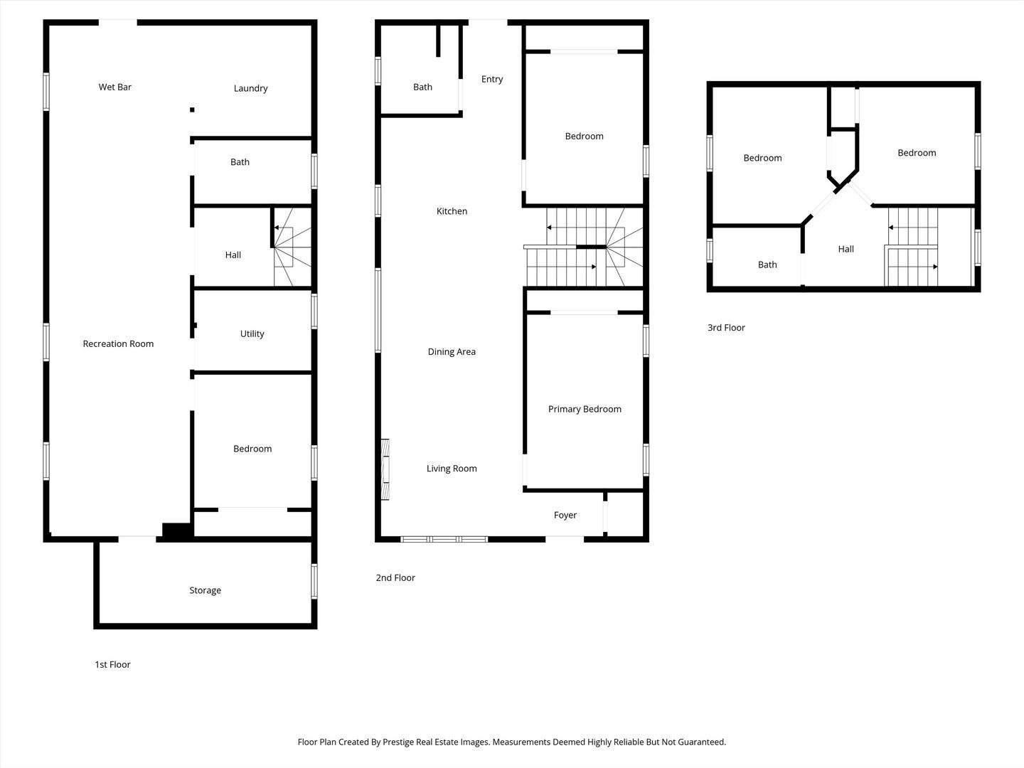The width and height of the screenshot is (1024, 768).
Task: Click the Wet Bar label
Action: pos(115,87)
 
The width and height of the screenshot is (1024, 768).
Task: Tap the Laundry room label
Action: pos(250,89)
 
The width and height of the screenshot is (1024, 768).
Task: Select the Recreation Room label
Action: pos(118,344)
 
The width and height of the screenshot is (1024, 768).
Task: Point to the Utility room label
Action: pos(252,334)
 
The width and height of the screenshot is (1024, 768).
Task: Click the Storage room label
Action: pos(205,591)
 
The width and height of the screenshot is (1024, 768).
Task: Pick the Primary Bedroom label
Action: pos(585,410)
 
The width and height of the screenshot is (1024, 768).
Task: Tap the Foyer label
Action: pos(565,516)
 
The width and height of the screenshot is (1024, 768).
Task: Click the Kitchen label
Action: pos(452,211)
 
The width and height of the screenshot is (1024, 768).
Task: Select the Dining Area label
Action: pos(452,352)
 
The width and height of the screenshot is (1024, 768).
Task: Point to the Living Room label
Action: pos(452,469)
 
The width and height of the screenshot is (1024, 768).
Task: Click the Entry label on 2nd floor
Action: pos(492,80)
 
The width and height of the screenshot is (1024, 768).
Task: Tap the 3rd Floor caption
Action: pos(726,328)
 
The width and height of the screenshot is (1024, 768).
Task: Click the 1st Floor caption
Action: pos(112,665)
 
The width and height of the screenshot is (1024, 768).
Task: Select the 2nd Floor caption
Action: pos(395,578)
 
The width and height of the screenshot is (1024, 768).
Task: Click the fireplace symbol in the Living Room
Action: pos(385,470)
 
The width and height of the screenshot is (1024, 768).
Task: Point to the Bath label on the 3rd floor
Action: pos(767,265)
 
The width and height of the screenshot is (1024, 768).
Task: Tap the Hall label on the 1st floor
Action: pos(233,255)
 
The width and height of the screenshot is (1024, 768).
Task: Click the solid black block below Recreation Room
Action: pos(177,530)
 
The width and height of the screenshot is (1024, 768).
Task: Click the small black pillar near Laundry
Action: pos(192,110)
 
